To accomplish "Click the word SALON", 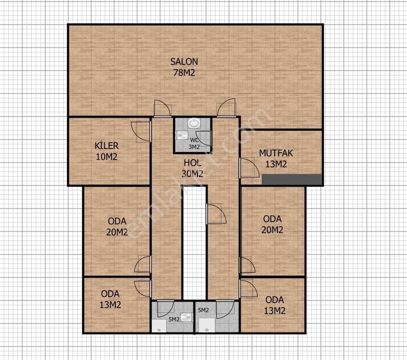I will point(184,62).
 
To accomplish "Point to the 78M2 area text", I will point(184,72).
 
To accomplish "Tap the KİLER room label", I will point(107,146).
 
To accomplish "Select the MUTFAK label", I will point(276,153).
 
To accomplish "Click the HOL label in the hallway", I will point(192,163).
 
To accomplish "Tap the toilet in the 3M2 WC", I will point(181,135).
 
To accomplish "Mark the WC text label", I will point(194,140).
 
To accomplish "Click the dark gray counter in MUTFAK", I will point(292,180).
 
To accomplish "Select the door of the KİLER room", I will point(141,131).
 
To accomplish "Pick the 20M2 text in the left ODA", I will point(117,232).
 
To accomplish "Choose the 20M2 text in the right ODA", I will point(272,230).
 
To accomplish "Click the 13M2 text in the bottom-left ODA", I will point(110,304).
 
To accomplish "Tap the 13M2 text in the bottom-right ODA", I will point(275,311).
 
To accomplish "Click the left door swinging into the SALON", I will point(162,108).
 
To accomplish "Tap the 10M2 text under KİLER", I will point(107,156).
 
